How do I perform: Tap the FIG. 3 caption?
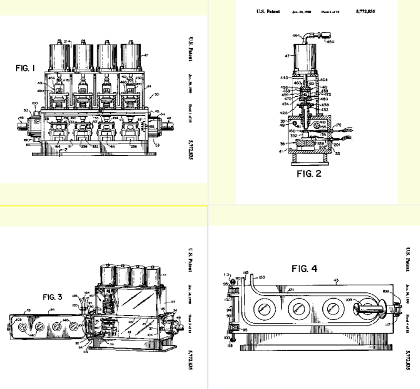click(52, 297)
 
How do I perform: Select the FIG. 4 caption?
click(304, 269)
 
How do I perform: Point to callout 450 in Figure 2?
click(330, 42)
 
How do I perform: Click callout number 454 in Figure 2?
click(296, 36)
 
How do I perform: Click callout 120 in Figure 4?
click(261, 277)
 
